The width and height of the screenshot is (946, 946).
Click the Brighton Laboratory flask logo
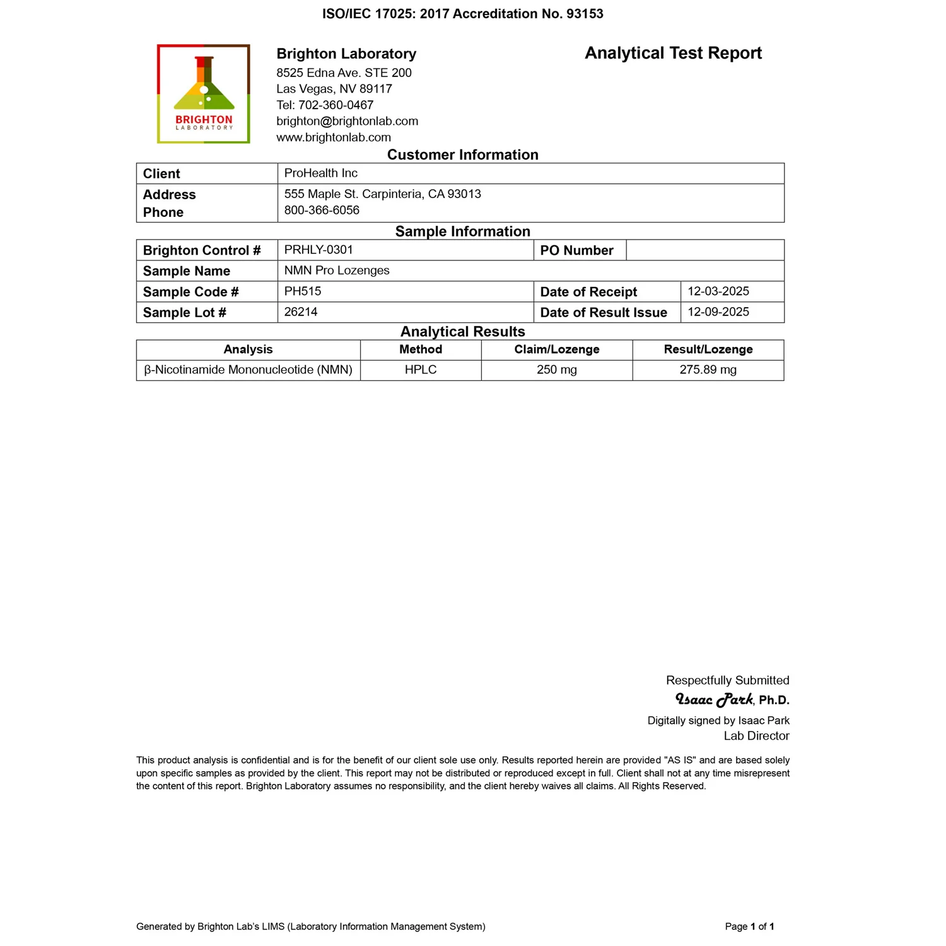[204, 93]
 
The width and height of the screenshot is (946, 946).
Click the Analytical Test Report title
[673, 53]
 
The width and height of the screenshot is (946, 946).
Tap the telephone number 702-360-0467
[336, 105]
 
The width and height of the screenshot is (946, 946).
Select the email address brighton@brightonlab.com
[347, 121]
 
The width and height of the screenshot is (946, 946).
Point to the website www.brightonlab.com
[334, 137]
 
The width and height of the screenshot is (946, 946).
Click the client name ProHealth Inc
[320, 173]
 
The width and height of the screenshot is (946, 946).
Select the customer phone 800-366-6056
[322, 210]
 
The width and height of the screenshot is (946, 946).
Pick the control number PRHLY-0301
[318, 250]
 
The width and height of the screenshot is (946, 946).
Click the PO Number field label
[576, 250]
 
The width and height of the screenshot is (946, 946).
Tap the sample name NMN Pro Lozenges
[337, 271]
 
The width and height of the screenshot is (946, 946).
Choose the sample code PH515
[303, 291]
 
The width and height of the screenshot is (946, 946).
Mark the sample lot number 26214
[301, 312]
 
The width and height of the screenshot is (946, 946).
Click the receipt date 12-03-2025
[718, 291]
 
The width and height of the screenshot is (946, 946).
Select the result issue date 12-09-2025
[718, 312]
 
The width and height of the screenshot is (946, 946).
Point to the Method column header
[421, 349]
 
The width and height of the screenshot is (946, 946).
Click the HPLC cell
[421, 370]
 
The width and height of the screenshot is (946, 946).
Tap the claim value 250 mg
[557, 370]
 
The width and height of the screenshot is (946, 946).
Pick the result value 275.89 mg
[708, 370]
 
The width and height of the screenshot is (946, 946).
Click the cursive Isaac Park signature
[714, 699]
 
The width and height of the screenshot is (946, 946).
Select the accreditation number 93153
[585, 14]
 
